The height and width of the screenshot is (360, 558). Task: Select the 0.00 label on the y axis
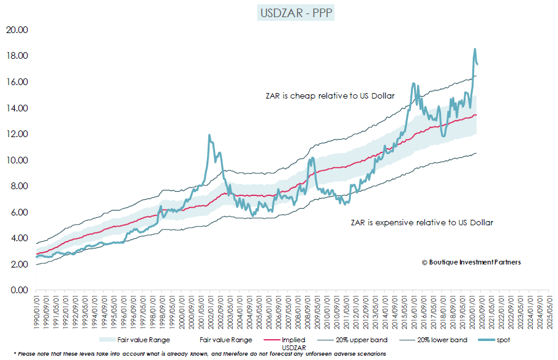coord(18,290)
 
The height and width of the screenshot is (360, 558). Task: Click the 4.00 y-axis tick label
coord(18,238)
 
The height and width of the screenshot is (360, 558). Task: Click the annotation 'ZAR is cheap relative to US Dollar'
coord(330,96)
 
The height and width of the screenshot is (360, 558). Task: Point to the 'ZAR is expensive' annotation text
coord(421,223)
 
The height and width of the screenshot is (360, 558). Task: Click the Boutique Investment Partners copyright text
coord(471,262)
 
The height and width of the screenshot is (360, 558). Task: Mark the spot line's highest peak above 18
coord(475,49)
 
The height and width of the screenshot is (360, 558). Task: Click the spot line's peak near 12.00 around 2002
coord(209,135)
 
